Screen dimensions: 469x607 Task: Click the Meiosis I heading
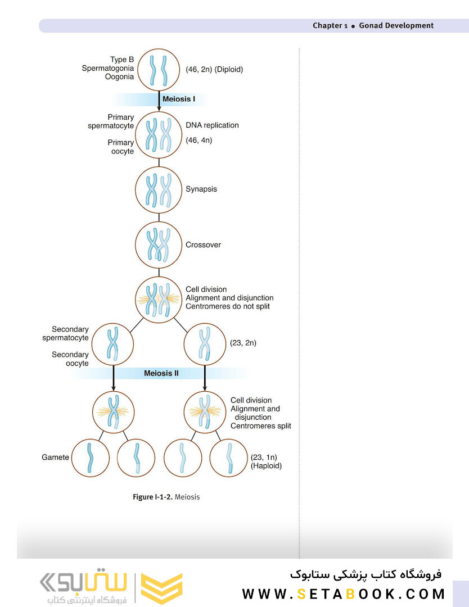(x=178, y=99)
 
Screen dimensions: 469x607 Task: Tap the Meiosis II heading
(x=161, y=374)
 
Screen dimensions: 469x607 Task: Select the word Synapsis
(x=201, y=189)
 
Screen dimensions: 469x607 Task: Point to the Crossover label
(x=203, y=244)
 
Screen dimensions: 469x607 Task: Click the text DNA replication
(x=212, y=125)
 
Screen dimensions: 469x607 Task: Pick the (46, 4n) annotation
(x=199, y=140)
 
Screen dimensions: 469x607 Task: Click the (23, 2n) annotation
(x=243, y=343)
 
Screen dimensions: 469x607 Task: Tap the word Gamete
(x=55, y=457)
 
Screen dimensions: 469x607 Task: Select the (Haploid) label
(x=266, y=466)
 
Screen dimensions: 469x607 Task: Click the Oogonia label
(x=119, y=76)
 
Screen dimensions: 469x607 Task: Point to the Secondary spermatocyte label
(x=65, y=333)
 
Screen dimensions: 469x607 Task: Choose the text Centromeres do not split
(x=228, y=306)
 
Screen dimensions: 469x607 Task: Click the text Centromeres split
(x=260, y=426)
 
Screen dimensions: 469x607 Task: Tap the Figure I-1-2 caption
(x=166, y=497)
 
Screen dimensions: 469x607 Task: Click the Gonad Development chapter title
(x=396, y=25)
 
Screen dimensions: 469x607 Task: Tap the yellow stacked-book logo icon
(x=161, y=588)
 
